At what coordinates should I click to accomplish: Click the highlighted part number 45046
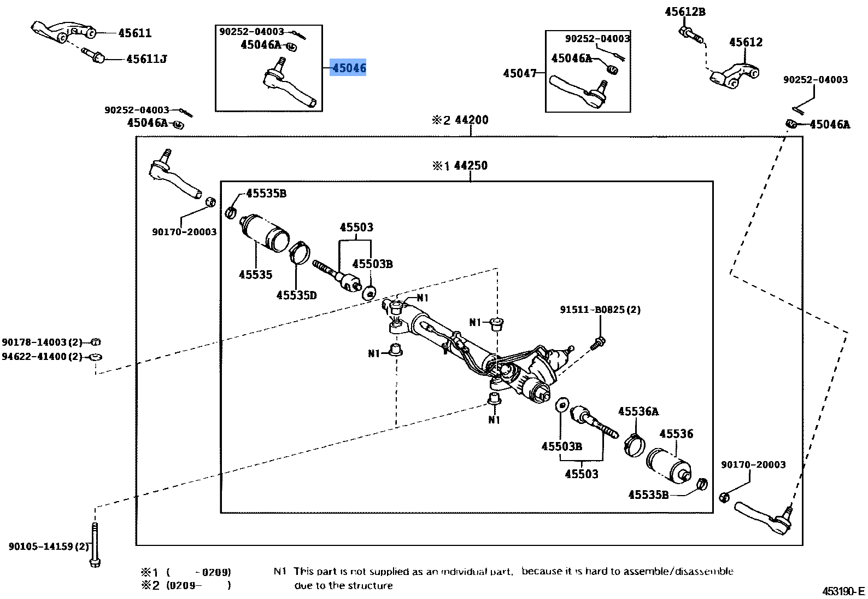pos(349,68)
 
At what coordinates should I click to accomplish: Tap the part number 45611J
pos(146,59)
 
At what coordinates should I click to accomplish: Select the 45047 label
pos(519,73)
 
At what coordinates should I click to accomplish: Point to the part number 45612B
pos(685,11)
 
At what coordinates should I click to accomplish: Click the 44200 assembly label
pos(471,120)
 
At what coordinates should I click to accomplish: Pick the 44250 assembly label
pos(470,165)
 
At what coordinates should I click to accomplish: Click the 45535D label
pos(296,295)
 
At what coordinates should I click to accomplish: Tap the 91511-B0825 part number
pos(600,310)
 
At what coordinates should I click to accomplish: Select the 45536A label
pos(638,411)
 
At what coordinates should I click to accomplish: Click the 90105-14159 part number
pos(48,546)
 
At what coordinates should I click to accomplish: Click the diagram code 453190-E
pos(843,591)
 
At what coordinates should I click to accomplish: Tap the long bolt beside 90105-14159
pos(95,545)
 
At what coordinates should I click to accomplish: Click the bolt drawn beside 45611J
pos(93,55)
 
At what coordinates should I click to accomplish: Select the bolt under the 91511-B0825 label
pos(598,344)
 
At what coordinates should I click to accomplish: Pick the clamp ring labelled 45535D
pos(300,252)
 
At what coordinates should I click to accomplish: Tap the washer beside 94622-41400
pos(96,357)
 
